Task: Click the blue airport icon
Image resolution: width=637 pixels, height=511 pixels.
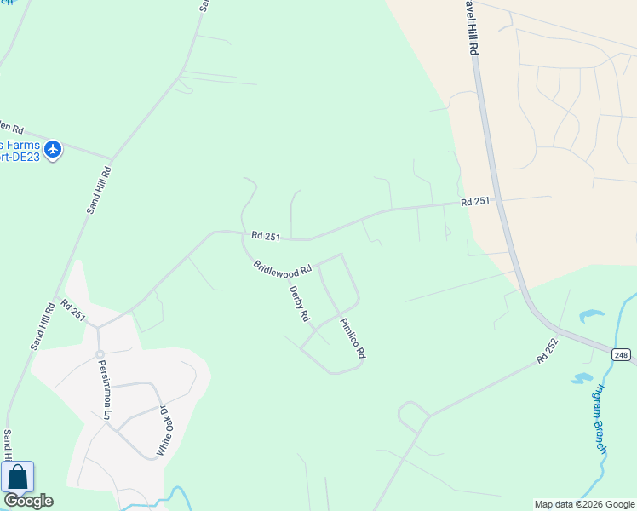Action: coord(54,150)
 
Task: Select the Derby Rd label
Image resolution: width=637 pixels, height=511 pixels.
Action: coord(298,303)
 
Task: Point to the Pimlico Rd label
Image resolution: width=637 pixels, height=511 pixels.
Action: coord(353,338)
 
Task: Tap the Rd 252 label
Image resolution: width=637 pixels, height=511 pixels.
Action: coord(547,350)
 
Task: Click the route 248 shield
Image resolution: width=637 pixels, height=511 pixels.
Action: coord(622,354)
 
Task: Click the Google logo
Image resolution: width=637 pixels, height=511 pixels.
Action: coord(28,501)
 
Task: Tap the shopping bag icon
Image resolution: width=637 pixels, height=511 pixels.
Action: coord(17,477)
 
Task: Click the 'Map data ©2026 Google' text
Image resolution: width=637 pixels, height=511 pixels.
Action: coord(584,504)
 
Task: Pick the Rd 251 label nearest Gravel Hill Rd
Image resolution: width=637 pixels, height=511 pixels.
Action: coord(476,202)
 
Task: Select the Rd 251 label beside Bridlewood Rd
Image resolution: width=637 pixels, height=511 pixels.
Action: coord(266,236)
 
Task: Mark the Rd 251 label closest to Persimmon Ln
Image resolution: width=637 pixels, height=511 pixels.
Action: coord(73,310)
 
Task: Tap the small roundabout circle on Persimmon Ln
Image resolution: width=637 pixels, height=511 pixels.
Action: coord(100,353)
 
